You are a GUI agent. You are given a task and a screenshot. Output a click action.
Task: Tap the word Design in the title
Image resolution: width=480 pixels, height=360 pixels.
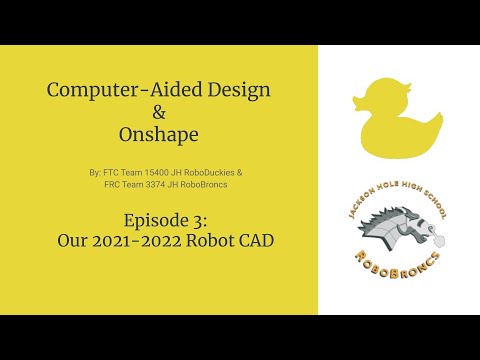tap(232, 90)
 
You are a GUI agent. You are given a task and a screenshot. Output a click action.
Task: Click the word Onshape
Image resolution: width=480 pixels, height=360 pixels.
tap(160, 133)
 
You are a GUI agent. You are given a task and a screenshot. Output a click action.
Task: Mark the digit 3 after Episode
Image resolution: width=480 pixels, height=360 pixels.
tap(189, 219)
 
